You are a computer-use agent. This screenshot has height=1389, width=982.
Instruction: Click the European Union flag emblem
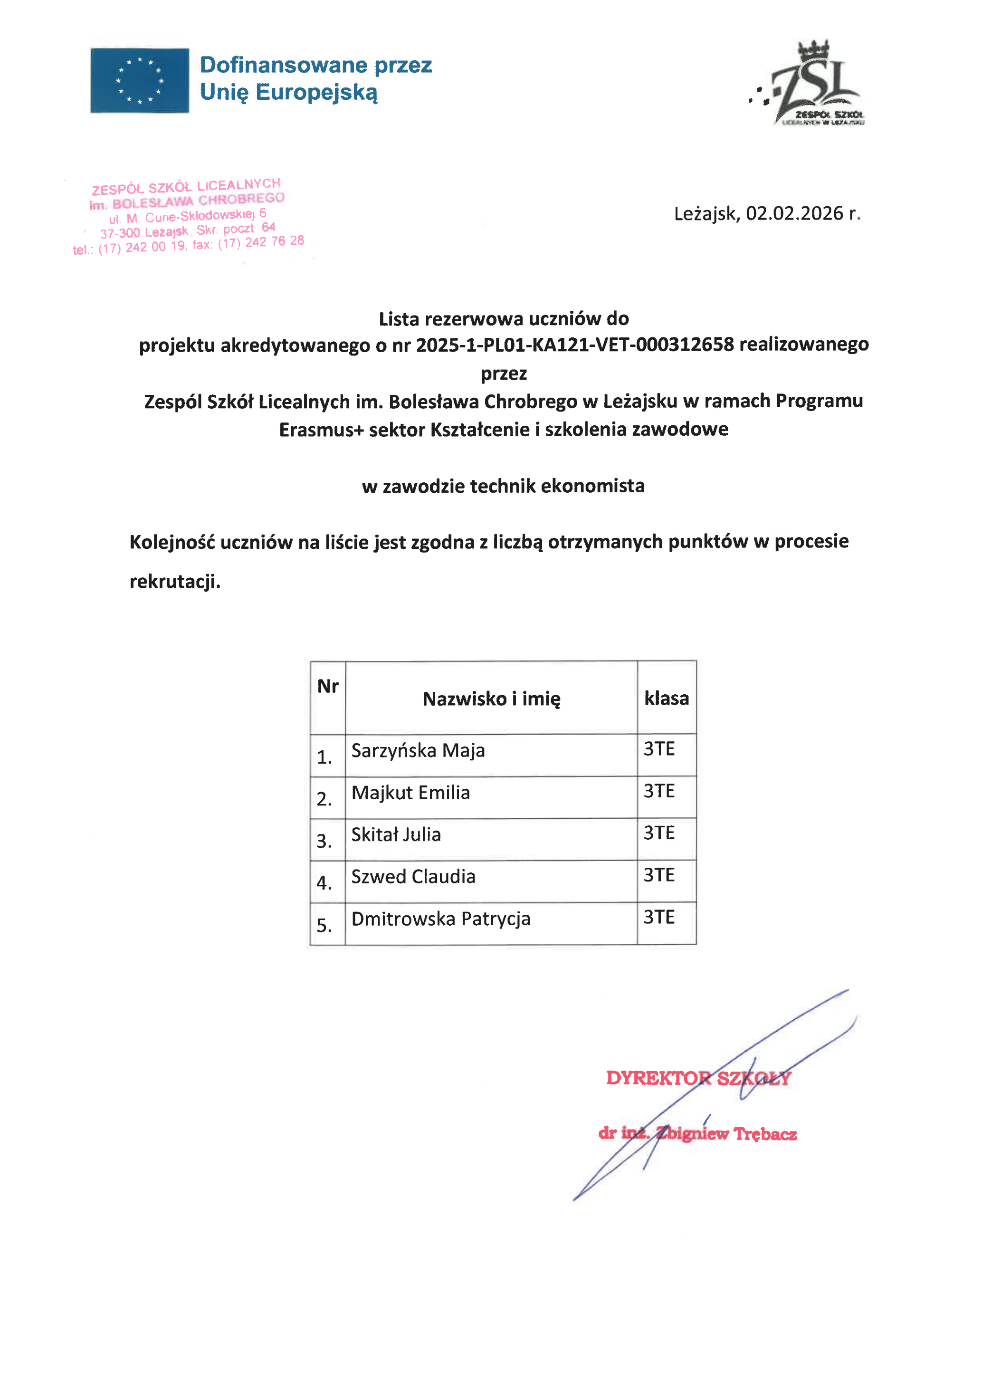(140, 80)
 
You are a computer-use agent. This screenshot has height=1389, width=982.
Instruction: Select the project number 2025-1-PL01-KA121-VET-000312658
(574, 345)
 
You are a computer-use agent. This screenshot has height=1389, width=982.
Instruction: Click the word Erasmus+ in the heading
(321, 430)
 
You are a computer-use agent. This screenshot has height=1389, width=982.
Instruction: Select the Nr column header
(328, 686)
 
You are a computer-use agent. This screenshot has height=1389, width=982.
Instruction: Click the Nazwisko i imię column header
(491, 699)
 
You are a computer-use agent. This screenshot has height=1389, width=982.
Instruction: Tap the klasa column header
(667, 698)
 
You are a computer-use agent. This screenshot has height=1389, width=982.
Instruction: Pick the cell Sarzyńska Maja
(418, 751)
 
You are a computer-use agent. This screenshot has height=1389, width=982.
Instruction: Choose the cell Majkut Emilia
(410, 793)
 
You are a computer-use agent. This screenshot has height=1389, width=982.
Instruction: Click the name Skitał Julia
(396, 835)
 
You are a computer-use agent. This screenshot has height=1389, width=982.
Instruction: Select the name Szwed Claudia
(413, 877)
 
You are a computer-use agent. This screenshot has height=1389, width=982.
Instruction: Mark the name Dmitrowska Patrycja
(441, 919)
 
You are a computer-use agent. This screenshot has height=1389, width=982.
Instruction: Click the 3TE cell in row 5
(658, 917)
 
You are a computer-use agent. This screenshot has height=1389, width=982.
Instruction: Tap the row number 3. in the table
(324, 842)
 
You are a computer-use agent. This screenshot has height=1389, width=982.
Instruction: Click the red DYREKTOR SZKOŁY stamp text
(698, 1078)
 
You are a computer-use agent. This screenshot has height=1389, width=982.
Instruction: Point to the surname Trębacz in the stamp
(765, 1134)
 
